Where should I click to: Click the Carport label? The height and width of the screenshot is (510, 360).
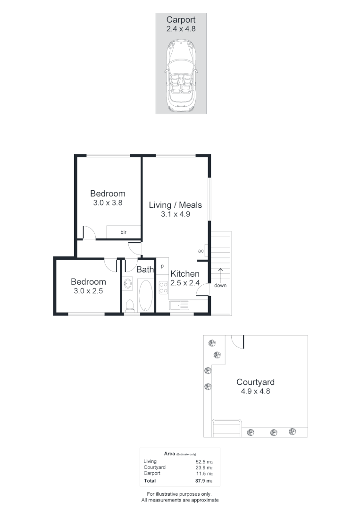coord(181,20)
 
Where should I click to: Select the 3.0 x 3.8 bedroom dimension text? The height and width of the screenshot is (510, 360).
coord(108,202)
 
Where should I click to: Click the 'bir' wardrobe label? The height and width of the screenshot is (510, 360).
coord(123,232)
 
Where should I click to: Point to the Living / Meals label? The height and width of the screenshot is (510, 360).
coord(175,205)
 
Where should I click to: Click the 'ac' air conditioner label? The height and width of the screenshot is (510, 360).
coord(201,251)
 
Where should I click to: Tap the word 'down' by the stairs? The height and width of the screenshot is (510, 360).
coord(220,286)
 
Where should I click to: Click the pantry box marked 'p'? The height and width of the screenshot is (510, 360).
coord(162,266)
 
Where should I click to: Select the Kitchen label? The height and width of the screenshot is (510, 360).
coord(184,274)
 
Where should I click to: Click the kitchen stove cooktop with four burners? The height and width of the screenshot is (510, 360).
coord(163,287)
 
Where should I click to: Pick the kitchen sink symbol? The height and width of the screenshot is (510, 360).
coord(179,305)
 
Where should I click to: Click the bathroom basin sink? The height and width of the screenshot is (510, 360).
coord(128,284)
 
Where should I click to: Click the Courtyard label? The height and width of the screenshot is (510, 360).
coord(255,382)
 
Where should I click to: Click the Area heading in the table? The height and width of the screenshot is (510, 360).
coord(169,453)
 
